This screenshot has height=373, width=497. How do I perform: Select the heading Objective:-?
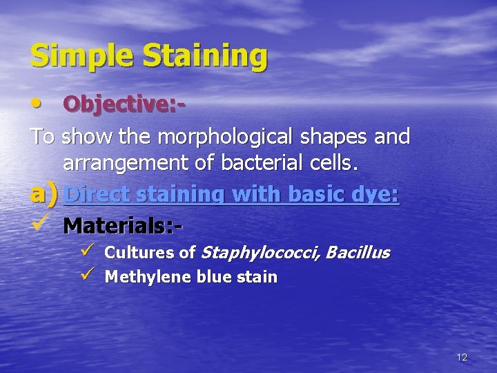coord(124,106)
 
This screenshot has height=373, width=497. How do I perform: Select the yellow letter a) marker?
coord(43,195)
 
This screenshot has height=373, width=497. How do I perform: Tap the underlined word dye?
coord(376,195)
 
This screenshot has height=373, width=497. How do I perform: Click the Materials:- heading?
coord(124,225)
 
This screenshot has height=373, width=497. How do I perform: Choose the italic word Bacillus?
coord(357,252)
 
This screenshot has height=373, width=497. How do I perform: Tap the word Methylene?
coord(142,278)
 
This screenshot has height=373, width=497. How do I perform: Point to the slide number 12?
coord(462,357)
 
